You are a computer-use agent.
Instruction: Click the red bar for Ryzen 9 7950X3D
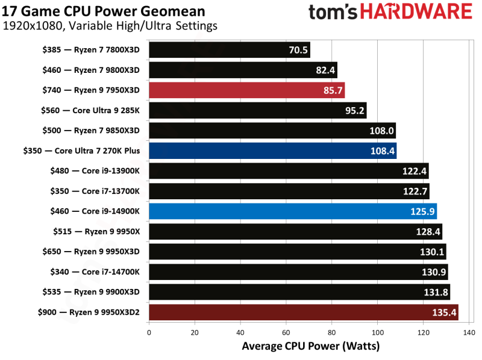tap(246, 90)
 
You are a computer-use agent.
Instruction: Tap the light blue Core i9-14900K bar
tap(292, 211)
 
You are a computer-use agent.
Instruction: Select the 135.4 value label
tap(445, 313)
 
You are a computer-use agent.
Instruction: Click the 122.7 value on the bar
tap(416, 191)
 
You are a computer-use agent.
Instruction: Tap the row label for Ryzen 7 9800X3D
tap(91, 70)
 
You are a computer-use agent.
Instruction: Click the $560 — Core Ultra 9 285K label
tap(90, 111)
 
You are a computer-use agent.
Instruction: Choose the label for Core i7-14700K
tap(91, 272)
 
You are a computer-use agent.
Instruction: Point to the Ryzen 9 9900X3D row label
tap(91, 293)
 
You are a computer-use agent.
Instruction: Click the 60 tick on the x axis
tap(286, 332)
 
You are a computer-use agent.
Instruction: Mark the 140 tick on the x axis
tap(468, 332)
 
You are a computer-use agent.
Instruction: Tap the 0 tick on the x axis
tap(149, 332)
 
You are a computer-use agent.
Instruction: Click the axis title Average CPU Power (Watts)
tap(311, 346)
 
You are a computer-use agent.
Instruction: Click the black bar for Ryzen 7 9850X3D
tap(272, 131)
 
